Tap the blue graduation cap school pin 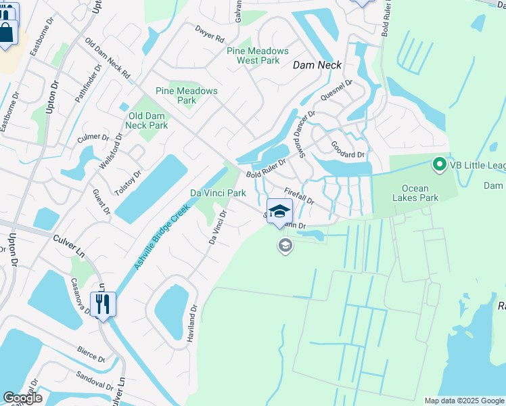(279, 211)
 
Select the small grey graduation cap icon (285, 245)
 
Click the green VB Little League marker (438, 164)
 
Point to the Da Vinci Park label (217, 193)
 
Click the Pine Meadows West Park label (258, 55)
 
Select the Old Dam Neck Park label (147, 120)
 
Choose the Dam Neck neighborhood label (317, 65)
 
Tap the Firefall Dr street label (299, 197)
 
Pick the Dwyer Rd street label (210, 35)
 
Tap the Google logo (22, 398)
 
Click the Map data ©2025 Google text (463, 401)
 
